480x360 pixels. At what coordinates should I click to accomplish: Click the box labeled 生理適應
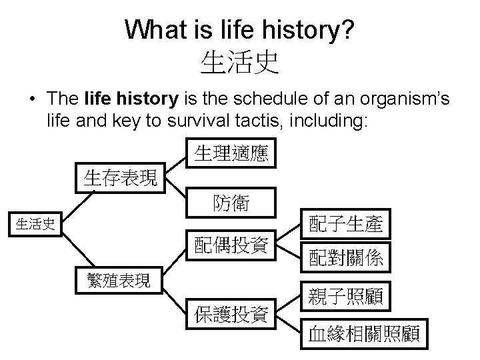point(231,155)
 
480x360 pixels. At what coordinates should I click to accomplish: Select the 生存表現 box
point(121,178)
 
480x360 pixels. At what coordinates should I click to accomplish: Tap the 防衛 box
point(231,203)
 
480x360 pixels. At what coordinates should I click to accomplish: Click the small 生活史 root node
point(35,224)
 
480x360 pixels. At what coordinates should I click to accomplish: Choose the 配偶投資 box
point(231,246)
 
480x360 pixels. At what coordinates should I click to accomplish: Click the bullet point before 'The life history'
point(31,100)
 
